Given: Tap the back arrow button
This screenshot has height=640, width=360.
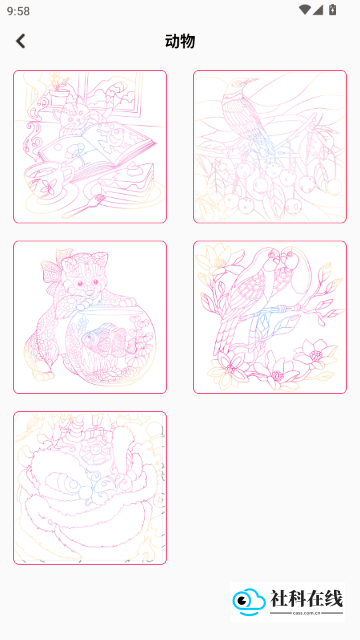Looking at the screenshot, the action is (20, 41).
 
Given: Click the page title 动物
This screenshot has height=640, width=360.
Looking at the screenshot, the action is (180, 41).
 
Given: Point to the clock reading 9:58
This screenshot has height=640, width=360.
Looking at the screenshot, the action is (18, 11).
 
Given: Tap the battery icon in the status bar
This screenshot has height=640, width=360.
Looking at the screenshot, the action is (333, 10).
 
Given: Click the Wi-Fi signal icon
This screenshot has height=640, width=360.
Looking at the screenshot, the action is (304, 10).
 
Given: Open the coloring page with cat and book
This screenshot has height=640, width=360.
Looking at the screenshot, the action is (90, 147).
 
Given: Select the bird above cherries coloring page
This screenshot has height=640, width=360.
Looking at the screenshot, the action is (270, 147).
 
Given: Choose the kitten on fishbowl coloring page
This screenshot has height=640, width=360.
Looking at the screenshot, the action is (90, 317).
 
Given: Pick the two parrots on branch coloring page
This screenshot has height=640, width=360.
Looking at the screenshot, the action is (270, 317).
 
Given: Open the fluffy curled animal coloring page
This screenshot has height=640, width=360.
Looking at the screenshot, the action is (90, 488).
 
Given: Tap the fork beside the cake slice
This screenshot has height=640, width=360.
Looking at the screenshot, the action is (84, 207).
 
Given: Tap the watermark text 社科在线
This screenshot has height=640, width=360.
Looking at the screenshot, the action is (307, 599).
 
